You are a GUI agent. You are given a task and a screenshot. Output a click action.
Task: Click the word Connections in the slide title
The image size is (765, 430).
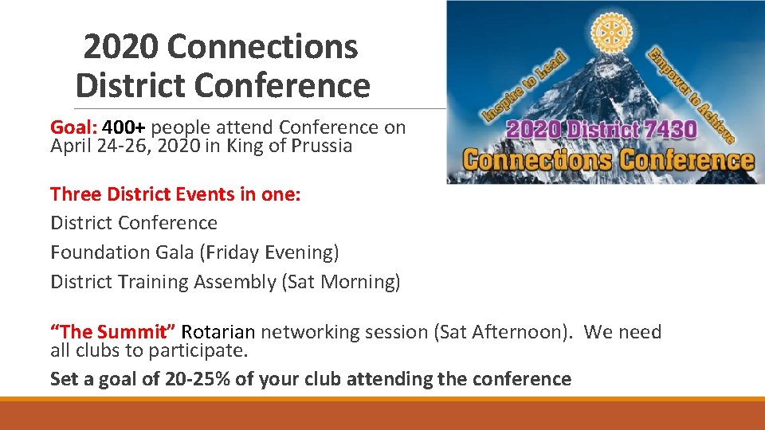(263, 48)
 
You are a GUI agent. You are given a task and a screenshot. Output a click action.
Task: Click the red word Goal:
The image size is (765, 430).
(73, 127)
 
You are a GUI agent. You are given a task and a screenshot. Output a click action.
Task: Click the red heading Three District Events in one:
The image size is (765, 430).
(175, 194)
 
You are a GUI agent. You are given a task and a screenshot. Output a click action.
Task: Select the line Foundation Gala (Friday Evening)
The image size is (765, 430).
(194, 252)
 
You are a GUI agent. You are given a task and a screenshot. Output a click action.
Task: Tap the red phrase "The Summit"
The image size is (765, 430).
(113, 332)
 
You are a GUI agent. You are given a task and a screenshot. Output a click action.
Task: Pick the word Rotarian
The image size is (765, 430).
(218, 332)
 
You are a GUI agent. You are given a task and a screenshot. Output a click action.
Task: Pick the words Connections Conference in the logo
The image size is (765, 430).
(608, 159)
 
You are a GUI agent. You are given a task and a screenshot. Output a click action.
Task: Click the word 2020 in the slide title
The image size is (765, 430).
(120, 48)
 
